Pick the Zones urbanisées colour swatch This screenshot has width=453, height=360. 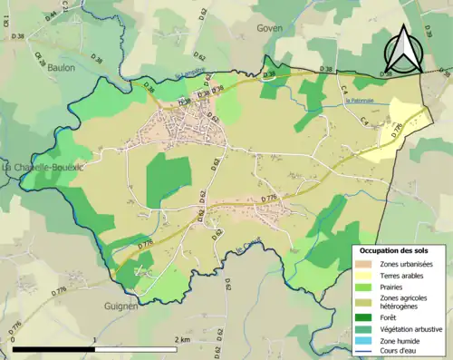click(x=365, y=263)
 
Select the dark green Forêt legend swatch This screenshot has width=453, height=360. click(x=365, y=316)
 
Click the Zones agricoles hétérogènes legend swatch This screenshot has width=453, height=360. click(x=365, y=301)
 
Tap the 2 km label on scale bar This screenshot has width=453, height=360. click(x=182, y=339)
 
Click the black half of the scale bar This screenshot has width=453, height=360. click(x=53, y=349)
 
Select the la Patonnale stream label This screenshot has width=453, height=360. click(x=361, y=101)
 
